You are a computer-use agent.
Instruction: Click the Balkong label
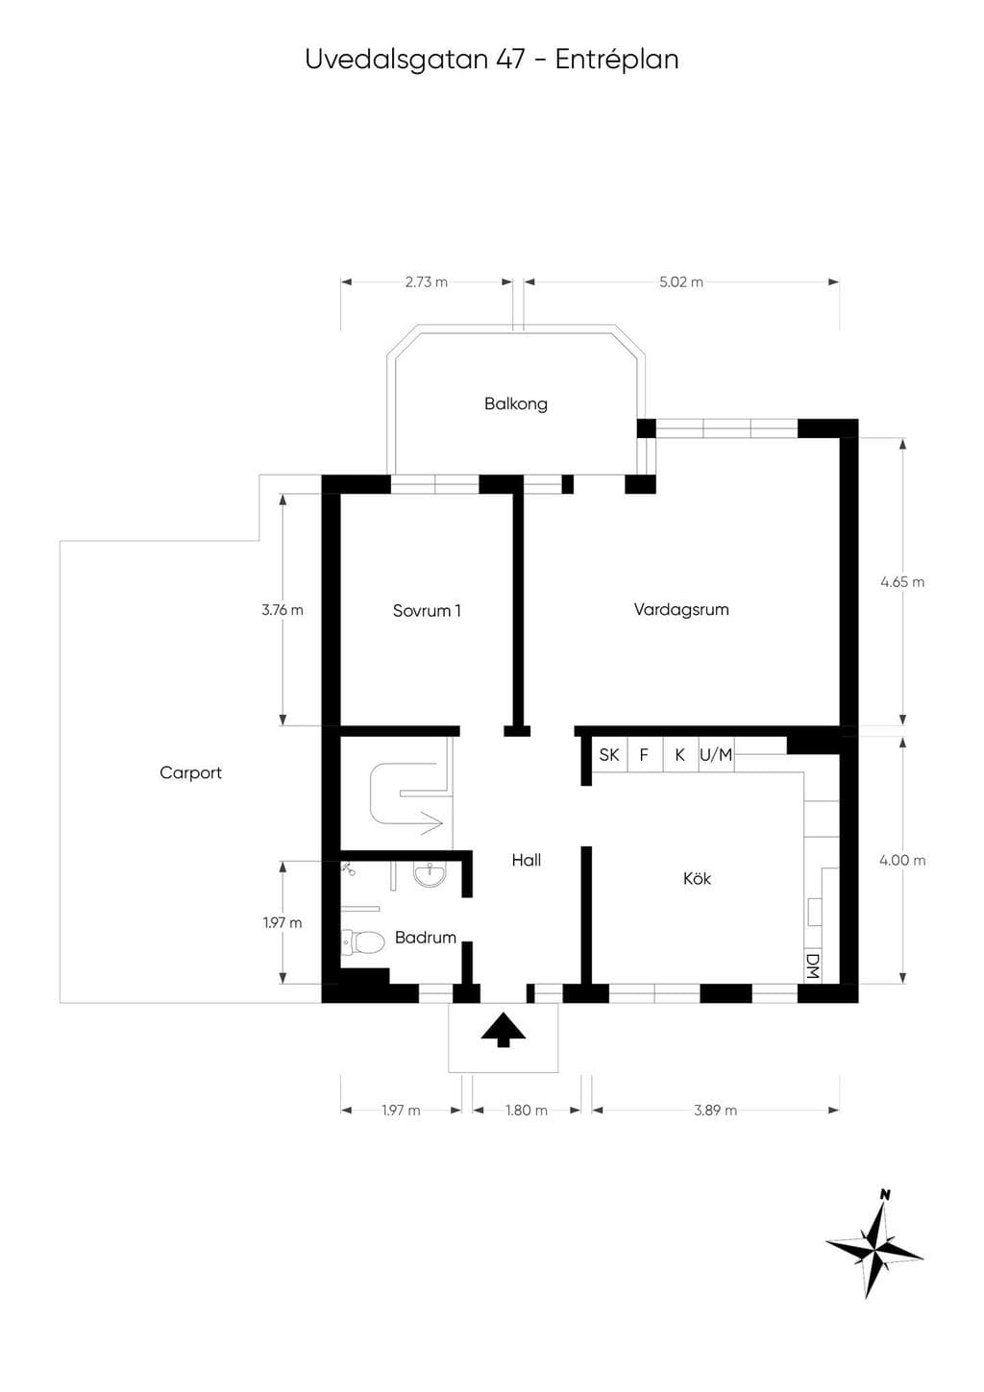point(515,403)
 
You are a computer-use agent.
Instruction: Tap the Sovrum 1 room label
point(427,610)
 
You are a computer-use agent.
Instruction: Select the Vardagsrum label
point(681,609)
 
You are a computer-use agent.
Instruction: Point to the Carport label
point(190,772)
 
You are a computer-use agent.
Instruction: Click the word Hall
point(526,860)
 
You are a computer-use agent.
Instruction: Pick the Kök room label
point(697,878)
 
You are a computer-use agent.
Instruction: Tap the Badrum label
point(425,937)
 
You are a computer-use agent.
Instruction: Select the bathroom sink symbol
point(430,875)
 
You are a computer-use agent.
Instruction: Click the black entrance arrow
point(503,1031)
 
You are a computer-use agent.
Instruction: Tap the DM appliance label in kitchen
point(812,966)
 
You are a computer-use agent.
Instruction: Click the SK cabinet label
point(609,754)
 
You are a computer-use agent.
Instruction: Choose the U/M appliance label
point(716,754)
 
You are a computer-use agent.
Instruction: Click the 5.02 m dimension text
point(681,282)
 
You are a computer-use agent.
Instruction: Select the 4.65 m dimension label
point(902,582)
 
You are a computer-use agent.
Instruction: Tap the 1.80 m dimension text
point(527,1111)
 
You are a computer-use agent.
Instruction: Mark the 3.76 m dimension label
point(283,610)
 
